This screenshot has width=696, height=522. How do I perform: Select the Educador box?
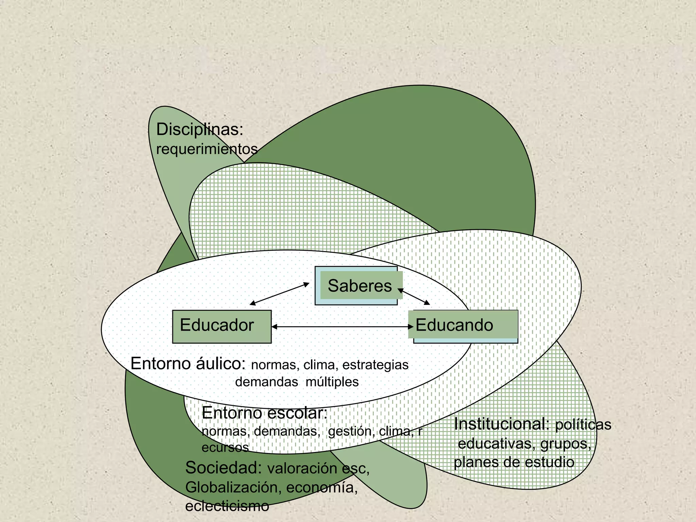point(222,326)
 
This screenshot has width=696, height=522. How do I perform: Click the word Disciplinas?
point(199,130)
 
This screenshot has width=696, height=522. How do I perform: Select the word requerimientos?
point(207,149)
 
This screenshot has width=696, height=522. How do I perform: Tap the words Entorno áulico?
point(188,364)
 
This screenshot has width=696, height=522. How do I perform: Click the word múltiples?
point(332,382)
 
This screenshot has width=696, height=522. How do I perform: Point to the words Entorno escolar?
point(264,414)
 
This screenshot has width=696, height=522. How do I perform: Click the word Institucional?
point(502,424)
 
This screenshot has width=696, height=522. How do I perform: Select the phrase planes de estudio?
point(514,462)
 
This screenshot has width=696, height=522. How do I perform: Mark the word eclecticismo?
point(227,506)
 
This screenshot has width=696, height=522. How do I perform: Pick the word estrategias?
point(375,365)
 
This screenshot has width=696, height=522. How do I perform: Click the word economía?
point(322,487)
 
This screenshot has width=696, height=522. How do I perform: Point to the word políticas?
point(583,425)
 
